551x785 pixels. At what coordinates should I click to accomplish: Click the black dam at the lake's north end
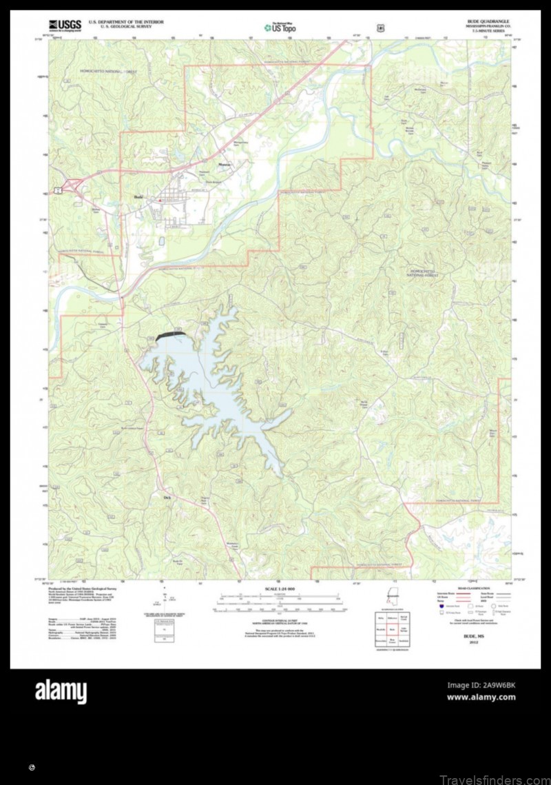pyautogui.click(x=171, y=335)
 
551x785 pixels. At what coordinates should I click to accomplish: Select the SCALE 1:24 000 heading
pyautogui.click(x=280, y=589)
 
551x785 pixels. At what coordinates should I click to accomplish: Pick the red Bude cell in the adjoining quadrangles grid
pyautogui.click(x=392, y=629)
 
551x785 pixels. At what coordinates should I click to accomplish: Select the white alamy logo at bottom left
pyautogui.click(x=61, y=691)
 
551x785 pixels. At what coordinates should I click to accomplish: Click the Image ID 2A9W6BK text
pyautogui.click(x=481, y=685)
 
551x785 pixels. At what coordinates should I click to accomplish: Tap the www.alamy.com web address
pyautogui.click(x=481, y=697)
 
